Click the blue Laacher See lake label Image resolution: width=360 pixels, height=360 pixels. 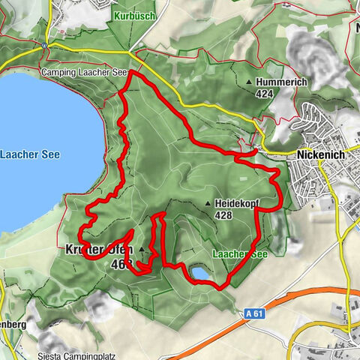click(31, 154)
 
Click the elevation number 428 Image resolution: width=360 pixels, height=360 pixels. click(223, 215)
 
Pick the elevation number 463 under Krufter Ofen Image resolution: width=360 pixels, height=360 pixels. click(119, 264)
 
